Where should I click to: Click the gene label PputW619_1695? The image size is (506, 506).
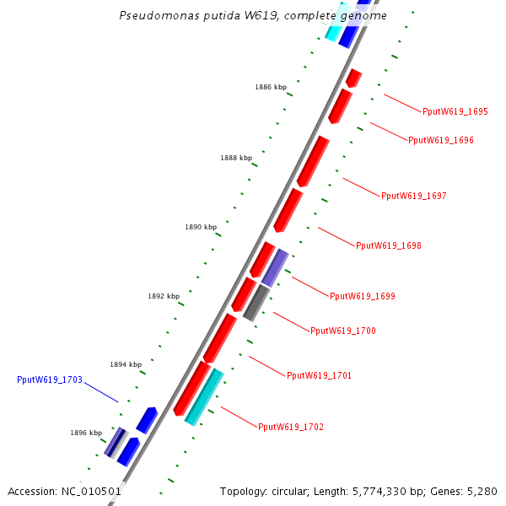click(x=455, y=111)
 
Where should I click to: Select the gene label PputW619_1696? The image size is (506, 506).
click(x=441, y=140)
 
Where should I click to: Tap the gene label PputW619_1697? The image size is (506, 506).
click(x=414, y=196)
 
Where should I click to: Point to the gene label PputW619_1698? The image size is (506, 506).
click(x=389, y=246)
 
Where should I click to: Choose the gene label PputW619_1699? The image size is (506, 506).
click(x=363, y=296)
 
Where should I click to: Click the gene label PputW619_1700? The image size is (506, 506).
click(x=343, y=331)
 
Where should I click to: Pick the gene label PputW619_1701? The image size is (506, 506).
click(x=320, y=375)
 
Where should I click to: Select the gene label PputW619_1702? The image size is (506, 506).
click(x=291, y=427)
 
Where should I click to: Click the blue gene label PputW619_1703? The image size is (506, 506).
click(x=50, y=379)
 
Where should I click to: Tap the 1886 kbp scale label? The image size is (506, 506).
click(x=271, y=87)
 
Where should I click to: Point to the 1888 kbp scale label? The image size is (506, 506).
click(x=236, y=158)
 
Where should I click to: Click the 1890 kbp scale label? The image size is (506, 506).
click(x=201, y=227)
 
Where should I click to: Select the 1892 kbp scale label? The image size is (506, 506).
click(x=164, y=296)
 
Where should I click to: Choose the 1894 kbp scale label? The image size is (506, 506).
click(x=126, y=364)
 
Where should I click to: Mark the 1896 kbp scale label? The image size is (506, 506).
click(x=86, y=433)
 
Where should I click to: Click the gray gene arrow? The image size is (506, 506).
click(x=256, y=303)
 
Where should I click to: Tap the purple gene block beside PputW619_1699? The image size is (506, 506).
click(x=275, y=267)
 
